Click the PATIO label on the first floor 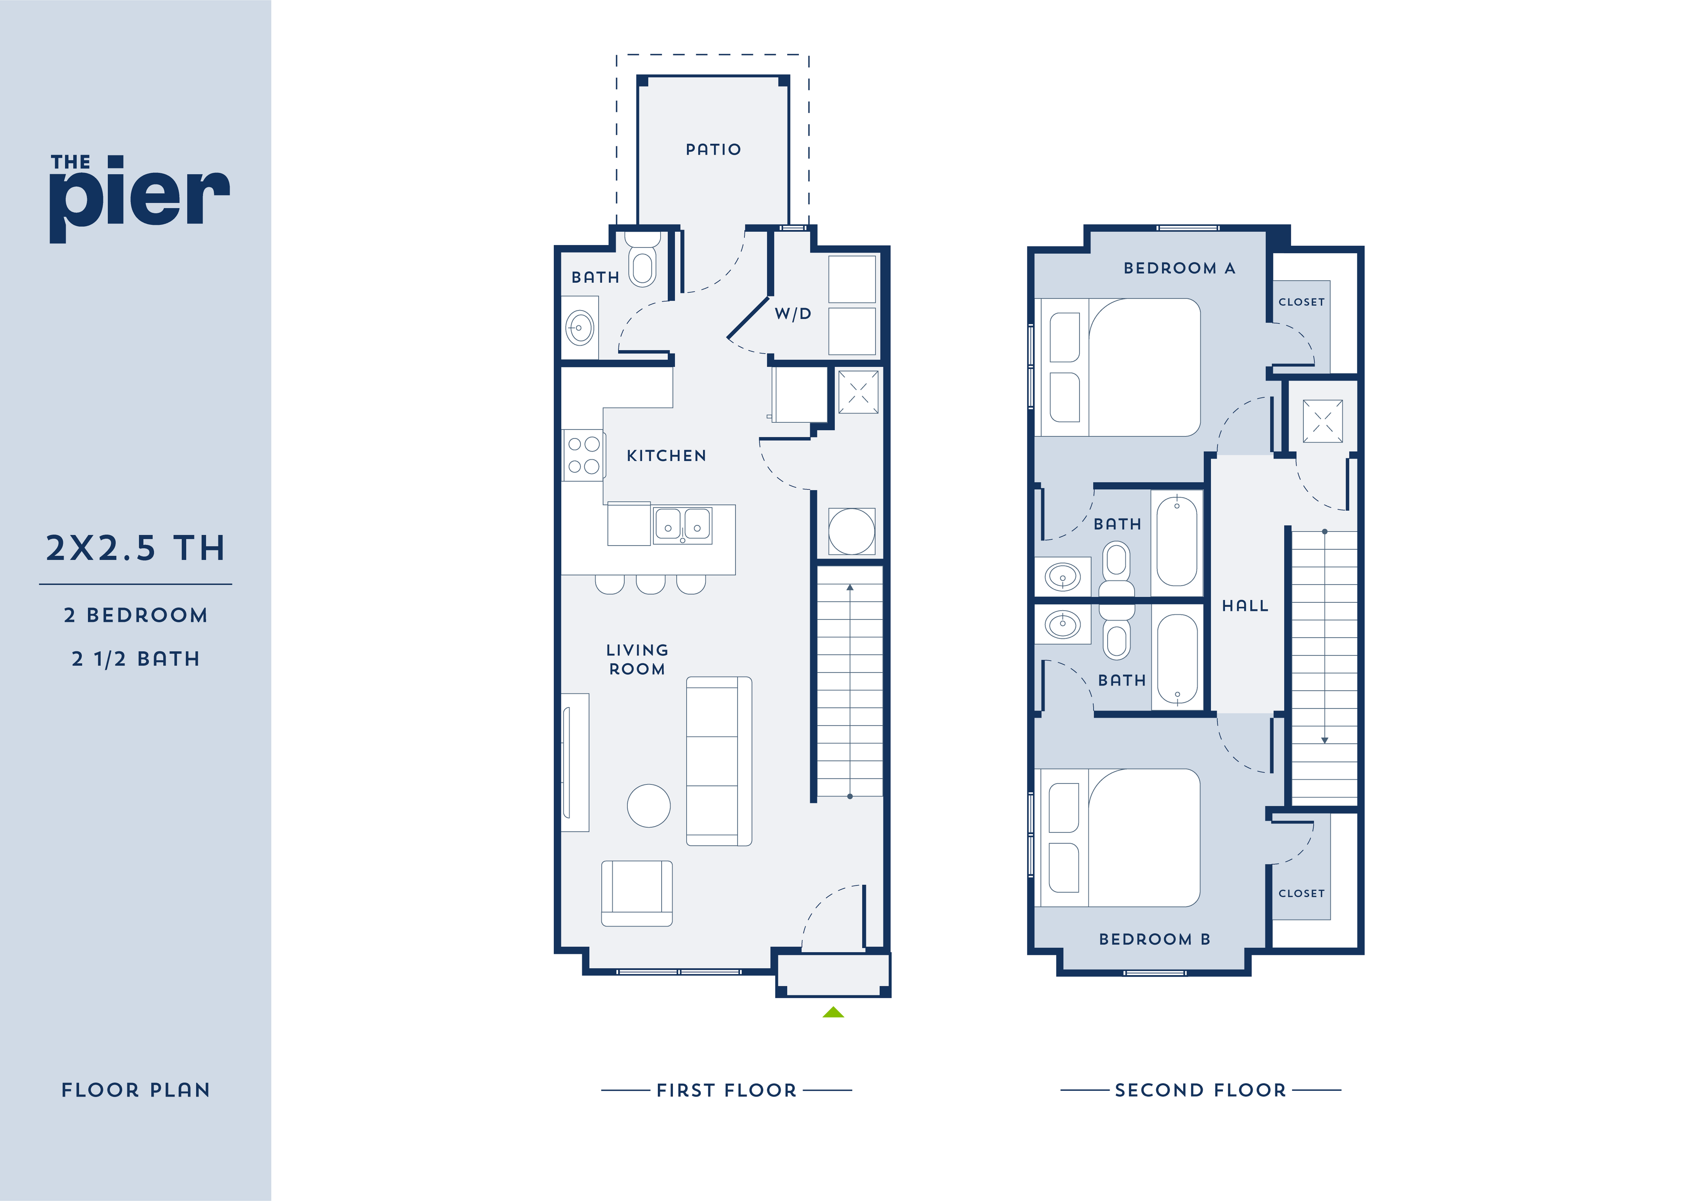click(713, 149)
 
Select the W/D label click(793, 313)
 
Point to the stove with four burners click(583, 455)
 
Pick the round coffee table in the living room click(649, 806)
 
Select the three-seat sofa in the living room click(719, 761)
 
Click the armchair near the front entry click(637, 893)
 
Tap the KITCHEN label click(666, 456)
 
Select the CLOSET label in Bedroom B click(1302, 893)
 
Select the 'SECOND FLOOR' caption click(1200, 1090)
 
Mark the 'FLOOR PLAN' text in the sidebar click(136, 1090)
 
